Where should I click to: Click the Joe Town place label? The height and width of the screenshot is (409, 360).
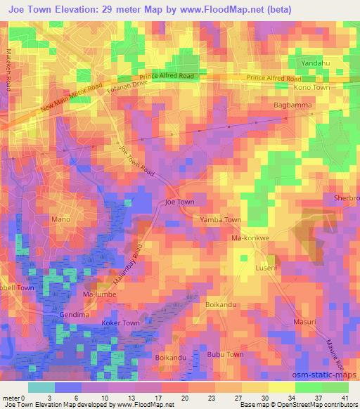point(179,202)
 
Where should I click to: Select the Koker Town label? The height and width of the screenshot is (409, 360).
point(122,323)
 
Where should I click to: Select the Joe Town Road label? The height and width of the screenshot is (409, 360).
point(137,160)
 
